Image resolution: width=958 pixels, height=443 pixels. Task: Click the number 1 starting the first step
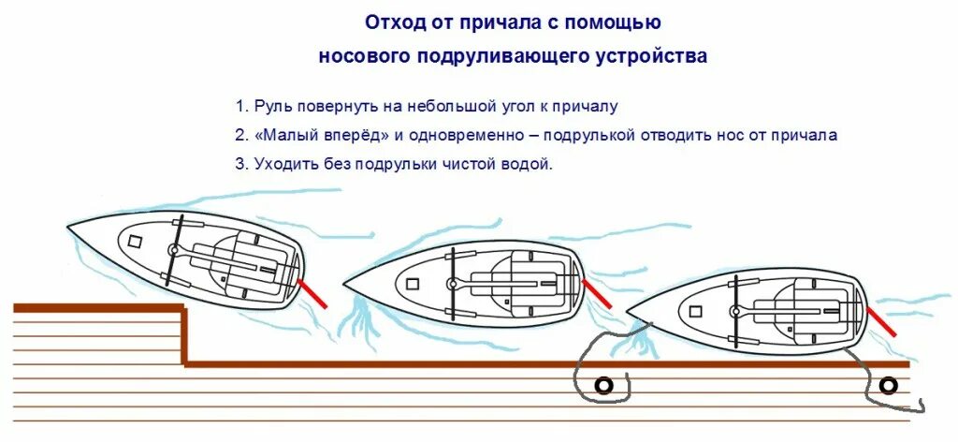240,107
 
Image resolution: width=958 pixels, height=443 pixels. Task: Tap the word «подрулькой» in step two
590,135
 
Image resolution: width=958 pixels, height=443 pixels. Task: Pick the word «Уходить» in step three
284,163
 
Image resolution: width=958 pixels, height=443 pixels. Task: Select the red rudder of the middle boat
596,294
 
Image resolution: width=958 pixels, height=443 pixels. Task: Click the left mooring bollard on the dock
603,385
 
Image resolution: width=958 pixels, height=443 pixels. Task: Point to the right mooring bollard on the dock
888,385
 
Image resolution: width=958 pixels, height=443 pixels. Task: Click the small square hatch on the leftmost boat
135,240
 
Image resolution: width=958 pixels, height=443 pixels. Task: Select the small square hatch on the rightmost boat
695,310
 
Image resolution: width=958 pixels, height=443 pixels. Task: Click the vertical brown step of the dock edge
185,335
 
